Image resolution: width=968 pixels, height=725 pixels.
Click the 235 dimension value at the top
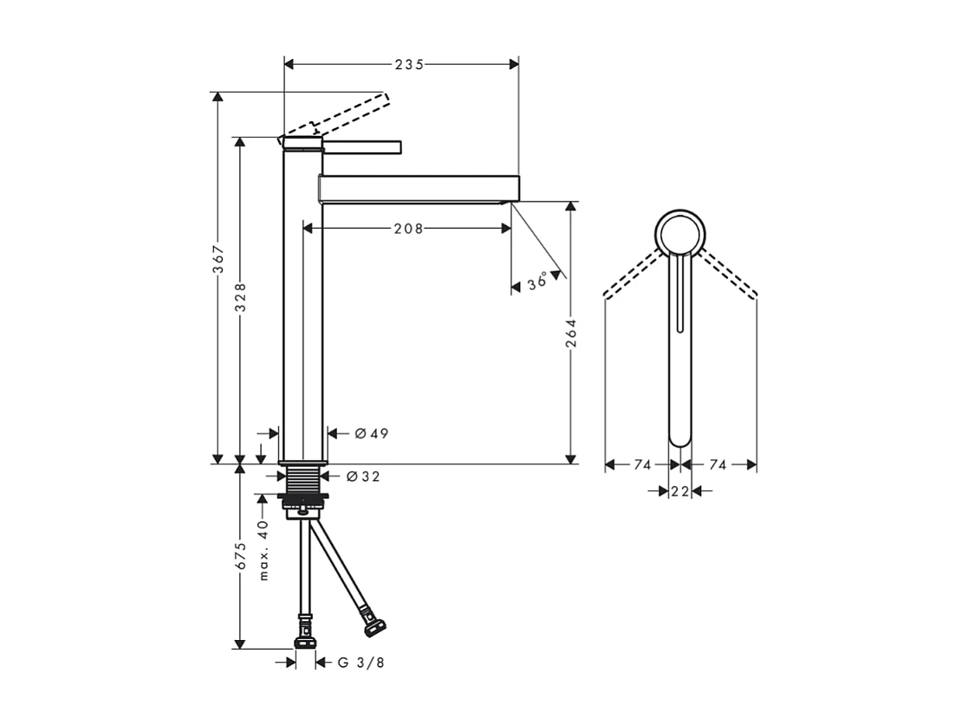coord(409,65)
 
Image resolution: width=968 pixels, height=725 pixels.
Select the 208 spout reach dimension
coord(408,229)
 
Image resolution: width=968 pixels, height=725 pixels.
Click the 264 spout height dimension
coord(570,333)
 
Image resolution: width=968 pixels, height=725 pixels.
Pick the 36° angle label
coord(537,282)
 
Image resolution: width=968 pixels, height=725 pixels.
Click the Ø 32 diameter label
coord(362,476)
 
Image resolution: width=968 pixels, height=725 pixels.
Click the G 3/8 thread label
coord(361,663)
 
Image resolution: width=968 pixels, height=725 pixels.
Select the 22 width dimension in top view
coord(679,491)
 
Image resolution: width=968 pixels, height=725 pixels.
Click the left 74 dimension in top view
coord(641,465)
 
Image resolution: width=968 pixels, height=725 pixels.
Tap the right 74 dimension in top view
coord(718,465)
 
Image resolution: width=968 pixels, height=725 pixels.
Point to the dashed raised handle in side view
coord(355,113)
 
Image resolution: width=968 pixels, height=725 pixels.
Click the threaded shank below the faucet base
coord(301,479)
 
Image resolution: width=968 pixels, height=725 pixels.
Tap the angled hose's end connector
coord(375,625)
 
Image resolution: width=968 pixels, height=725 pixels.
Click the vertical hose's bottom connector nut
coord(305,642)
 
